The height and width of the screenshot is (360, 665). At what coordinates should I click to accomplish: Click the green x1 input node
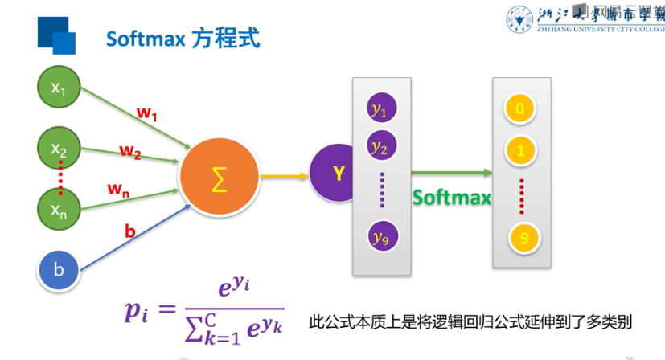click(x=59, y=88)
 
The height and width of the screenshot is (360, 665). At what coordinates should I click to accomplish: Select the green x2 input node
click(x=59, y=148)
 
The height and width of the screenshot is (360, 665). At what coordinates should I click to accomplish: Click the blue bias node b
click(x=59, y=270)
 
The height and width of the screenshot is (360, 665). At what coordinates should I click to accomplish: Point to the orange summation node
click(x=218, y=178)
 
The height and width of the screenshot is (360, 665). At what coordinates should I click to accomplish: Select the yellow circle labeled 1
click(x=520, y=150)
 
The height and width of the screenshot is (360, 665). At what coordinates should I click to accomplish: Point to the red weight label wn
click(x=120, y=189)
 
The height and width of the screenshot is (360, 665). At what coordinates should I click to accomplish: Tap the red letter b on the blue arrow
click(x=130, y=232)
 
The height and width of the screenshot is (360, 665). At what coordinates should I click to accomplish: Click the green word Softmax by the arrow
click(x=452, y=197)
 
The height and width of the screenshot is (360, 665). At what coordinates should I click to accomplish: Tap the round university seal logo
click(x=520, y=21)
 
